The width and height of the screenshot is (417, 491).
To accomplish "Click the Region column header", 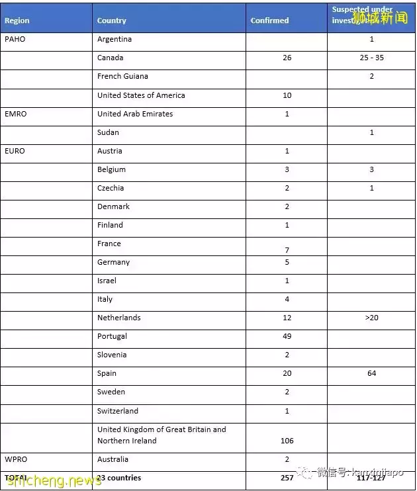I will [17, 21].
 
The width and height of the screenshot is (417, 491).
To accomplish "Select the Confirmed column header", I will [269, 21].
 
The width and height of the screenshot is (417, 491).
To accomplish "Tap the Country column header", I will [111, 21].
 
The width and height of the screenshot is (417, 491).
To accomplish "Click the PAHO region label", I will [15, 40].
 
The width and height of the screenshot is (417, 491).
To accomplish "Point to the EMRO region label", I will [16, 114].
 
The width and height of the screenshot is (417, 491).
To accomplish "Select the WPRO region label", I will [16, 459].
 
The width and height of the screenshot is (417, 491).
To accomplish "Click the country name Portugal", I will [112, 336].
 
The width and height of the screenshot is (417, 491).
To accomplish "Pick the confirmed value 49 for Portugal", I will [287, 336].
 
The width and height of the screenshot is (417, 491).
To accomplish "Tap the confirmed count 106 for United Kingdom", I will [287, 441].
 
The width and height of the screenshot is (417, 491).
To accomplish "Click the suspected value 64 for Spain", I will [371, 373].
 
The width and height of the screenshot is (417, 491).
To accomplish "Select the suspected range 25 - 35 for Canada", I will [371, 58].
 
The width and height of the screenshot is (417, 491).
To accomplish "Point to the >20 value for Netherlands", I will [371, 318].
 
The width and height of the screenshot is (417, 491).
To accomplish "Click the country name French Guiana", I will [122, 77].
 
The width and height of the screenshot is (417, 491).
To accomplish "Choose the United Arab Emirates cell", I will [135, 114].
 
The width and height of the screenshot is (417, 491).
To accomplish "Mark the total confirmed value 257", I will [287, 478].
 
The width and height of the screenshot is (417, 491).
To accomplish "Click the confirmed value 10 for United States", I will [287, 95].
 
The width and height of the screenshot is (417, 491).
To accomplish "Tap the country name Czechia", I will [111, 188].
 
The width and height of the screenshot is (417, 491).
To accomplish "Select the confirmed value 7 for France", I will [287, 250].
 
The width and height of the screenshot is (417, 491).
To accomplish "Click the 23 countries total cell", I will [119, 478].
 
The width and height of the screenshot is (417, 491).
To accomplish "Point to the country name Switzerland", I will [118, 410].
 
